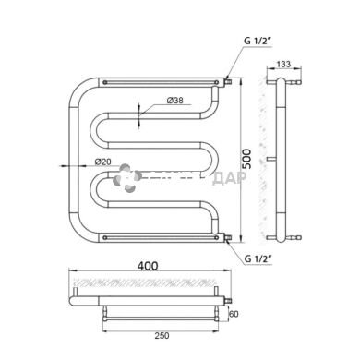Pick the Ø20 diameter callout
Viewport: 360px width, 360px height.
103,163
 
